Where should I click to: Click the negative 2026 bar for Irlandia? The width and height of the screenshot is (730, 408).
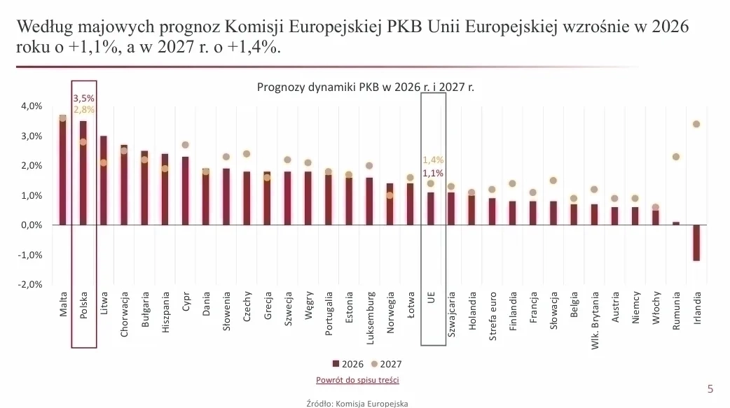click(x=696, y=243)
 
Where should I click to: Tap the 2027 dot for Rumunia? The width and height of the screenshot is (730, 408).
click(x=676, y=157)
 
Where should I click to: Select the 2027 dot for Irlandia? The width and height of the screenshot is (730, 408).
click(x=696, y=124)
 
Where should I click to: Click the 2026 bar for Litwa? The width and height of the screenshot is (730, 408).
click(x=104, y=181)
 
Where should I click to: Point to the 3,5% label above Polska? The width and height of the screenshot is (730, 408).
click(x=84, y=98)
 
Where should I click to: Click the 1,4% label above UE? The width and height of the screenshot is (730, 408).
click(x=433, y=160)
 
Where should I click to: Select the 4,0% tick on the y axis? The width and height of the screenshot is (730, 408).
click(x=32, y=106)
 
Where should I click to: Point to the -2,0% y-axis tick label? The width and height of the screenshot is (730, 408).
click(x=30, y=284)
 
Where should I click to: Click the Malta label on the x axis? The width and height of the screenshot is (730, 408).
click(x=63, y=304)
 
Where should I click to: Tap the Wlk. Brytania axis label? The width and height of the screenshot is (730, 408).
click(x=595, y=321)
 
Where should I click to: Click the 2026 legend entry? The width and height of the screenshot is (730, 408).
click(x=347, y=365)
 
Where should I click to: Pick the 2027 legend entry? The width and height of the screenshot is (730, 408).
click(x=386, y=365)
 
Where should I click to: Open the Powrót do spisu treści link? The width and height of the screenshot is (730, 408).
click(x=357, y=380)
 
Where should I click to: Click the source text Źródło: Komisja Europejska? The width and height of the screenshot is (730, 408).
click(x=357, y=403)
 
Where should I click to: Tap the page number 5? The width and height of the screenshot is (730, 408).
click(x=710, y=389)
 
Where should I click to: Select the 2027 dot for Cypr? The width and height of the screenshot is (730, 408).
click(x=185, y=145)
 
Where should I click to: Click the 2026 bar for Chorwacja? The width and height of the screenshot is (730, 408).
click(x=124, y=185)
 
